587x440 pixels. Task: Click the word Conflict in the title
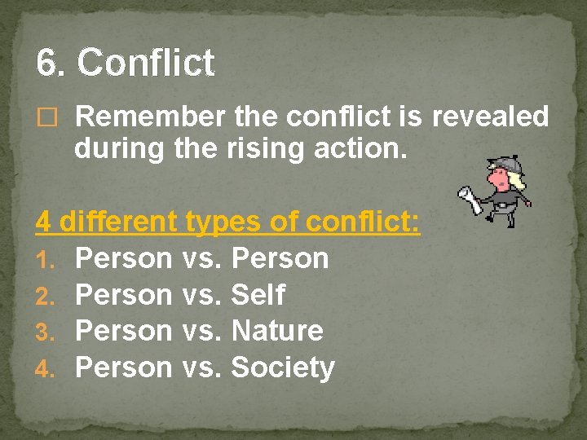click(146, 63)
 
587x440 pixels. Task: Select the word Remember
click(148, 117)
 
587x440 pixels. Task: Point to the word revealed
click(490, 117)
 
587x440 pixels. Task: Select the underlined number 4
click(43, 222)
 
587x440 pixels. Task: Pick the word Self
click(258, 295)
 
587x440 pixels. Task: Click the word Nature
click(277, 331)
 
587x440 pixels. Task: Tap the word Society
click(283, 367)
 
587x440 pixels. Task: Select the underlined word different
click(121, 222)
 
